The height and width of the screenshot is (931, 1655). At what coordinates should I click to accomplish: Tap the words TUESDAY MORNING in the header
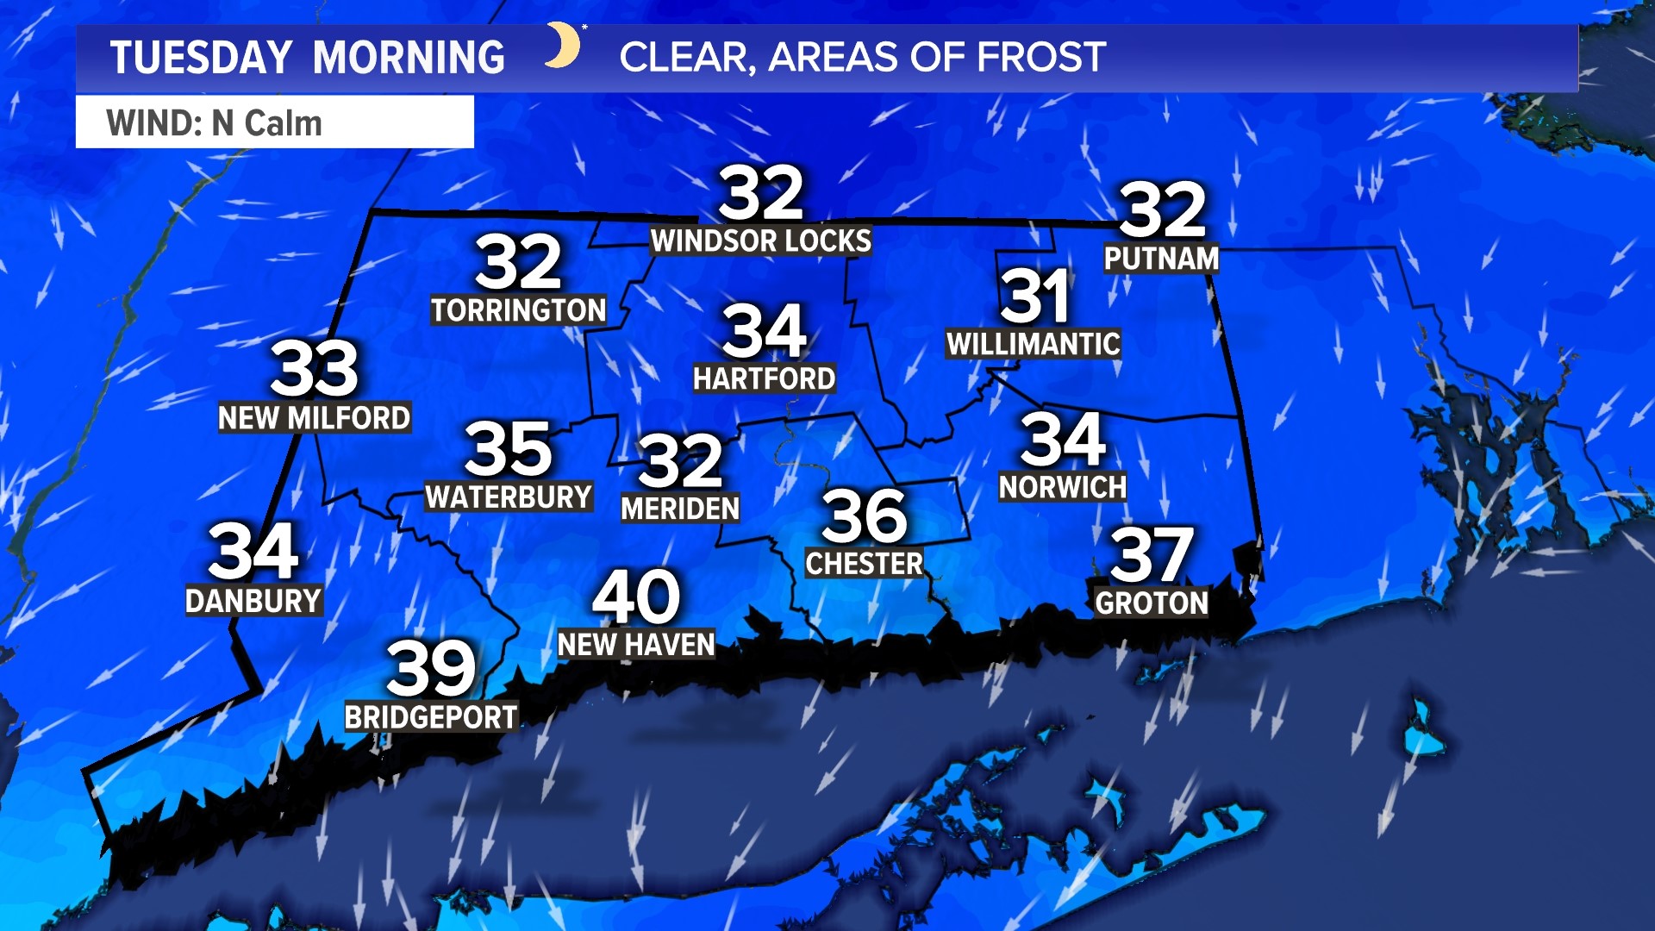(x=308, y=58)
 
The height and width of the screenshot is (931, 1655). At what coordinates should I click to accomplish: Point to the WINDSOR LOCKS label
(x=761, y=241)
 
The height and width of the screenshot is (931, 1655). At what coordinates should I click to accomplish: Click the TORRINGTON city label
(x=519, y=310)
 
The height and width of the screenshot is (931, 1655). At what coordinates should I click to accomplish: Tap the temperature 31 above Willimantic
(x=1034, y=296)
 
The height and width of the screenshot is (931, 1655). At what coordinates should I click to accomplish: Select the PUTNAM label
(x=1161, y=259)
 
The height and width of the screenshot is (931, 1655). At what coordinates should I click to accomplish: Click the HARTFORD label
(x=765, y=378)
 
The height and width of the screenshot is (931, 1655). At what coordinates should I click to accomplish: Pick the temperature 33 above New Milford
(x=315, y=368)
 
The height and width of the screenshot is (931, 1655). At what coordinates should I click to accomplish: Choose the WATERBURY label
(x=509, y=497)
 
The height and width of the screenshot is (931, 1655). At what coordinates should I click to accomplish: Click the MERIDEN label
(x=680, y=509)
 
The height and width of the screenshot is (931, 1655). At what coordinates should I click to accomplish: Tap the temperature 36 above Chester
(x=865, y=515)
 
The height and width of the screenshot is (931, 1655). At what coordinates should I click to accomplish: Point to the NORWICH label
(x=1062, y=488)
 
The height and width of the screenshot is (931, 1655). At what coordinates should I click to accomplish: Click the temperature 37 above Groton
(x=1152, y=555)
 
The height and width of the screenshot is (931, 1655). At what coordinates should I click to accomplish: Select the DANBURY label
(x=253, y=601)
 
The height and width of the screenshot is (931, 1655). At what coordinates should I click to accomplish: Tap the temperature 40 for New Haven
(x=636, y=596)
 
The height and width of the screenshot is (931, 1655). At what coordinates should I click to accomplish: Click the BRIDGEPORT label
(x=431, y=717)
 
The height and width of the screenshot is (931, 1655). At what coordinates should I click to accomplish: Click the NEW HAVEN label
(x=636, y=645)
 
